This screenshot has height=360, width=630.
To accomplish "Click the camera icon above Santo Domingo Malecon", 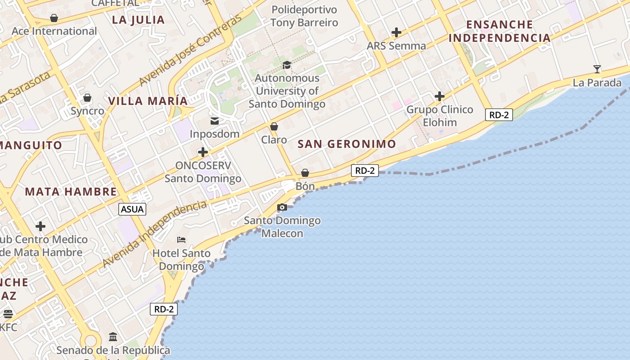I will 282,207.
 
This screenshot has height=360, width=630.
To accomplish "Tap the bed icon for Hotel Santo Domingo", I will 181,239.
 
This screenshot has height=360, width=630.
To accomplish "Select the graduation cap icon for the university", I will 287,65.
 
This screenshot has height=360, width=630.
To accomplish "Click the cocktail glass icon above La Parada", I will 597,69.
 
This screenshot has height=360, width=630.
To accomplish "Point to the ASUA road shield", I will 133,209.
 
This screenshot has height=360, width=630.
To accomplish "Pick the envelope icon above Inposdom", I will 215,121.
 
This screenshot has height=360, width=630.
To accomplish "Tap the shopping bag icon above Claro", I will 274,126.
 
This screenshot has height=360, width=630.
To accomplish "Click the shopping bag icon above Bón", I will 305,172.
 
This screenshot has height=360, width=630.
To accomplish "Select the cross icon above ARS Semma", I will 396,32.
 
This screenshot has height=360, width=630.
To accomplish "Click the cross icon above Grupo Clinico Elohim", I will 440,96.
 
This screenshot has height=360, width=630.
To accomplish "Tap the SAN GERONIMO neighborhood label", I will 347,144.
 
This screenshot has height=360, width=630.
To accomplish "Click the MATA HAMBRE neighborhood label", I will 71,192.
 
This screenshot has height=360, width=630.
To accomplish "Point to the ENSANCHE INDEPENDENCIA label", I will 499,31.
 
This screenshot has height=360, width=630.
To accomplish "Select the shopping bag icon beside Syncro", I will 87,98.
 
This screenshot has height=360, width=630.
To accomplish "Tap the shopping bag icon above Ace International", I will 54,18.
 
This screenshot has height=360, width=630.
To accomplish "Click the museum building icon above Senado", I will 113,337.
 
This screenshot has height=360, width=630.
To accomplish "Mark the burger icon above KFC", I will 8,314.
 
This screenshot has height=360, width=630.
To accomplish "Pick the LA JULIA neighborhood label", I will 138,20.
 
